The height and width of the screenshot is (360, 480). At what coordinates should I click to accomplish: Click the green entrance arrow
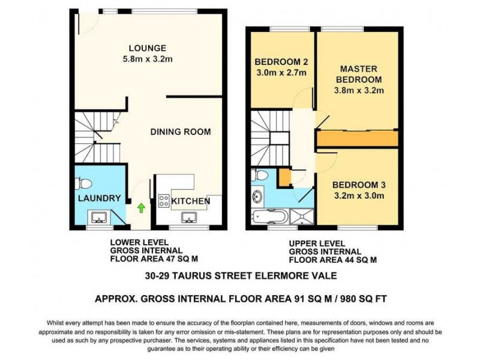(x=141, y=208)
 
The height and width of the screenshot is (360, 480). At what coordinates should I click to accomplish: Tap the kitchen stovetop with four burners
(x=163, y=201)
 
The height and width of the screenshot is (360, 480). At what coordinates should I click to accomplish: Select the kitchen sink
(x=190, y=217)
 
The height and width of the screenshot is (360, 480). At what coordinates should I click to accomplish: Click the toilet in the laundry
(x=85, y=182)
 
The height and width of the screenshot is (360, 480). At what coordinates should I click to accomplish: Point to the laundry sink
(x=98, y=217)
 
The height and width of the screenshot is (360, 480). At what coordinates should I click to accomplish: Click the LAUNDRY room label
(x=100, y=199)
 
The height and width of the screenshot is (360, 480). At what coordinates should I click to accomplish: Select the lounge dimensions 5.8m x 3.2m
(x=147, y=59)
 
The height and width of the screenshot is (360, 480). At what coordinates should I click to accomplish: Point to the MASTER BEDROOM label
(x=358, y=74)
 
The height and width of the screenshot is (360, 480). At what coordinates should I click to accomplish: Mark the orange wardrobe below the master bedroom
(x=358, y=139)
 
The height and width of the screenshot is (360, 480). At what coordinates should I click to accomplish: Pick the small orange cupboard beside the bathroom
(x=284, y=177)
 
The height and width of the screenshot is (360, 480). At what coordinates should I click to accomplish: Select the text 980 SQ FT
(x=364, y=298)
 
